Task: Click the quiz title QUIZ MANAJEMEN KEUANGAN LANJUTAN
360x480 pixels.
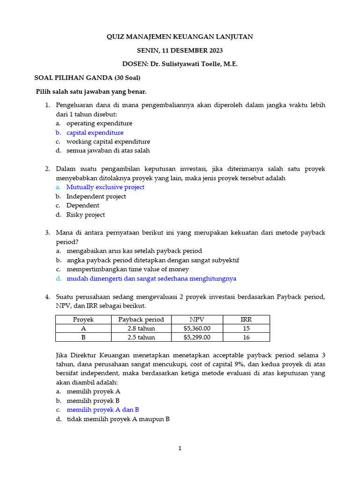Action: [180, 37]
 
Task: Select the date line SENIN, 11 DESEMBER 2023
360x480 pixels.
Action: [180, 50]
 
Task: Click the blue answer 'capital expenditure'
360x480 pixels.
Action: [95, 133]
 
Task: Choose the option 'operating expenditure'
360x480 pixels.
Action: [99, 123]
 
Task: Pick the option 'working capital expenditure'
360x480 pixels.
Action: [108, 142]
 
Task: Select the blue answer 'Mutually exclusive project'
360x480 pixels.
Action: [105, 187]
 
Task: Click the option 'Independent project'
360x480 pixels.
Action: [96, 196]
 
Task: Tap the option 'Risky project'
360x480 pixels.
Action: [85, 215]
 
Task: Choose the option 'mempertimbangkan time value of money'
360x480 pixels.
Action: [127, 269]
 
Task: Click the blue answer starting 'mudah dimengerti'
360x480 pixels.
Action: [151, 278]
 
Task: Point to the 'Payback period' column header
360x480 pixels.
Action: [141, 320]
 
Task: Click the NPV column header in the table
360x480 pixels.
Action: [197, 320]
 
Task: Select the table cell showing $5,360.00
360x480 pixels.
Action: [197, 329]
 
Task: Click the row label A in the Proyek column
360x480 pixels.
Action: [83, 329]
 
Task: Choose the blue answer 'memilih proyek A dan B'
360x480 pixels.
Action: [103, 410]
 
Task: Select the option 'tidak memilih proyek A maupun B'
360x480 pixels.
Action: [118, 419]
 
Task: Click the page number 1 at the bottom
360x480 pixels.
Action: [180, 449]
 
